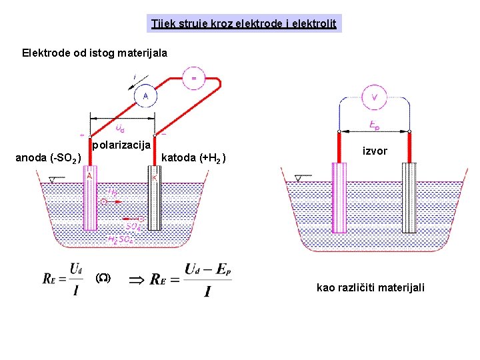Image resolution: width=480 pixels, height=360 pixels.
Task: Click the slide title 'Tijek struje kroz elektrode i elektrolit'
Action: pos(244,24)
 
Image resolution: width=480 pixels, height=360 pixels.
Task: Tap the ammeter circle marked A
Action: pos(145,96)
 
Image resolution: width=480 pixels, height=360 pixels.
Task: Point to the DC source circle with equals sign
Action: pos(194,78)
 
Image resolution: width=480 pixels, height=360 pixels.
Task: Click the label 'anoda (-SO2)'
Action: pos(49,158)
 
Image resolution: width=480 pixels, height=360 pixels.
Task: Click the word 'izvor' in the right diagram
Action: pos(375,151)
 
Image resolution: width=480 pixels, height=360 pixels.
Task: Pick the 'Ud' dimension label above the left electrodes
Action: pos(119,127)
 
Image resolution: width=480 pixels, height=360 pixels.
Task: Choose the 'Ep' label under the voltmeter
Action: pos(375,125)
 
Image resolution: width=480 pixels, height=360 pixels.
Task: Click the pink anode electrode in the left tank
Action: pos(90,200)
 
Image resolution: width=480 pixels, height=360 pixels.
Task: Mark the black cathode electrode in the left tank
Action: pos(154,200)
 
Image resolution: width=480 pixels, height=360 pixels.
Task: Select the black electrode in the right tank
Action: pos(409,200)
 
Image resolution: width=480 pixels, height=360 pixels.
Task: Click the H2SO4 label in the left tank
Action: pos(121,239)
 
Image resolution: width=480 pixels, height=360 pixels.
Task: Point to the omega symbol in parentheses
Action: pos(103,278)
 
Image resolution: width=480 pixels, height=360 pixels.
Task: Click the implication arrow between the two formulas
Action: pos(136,281)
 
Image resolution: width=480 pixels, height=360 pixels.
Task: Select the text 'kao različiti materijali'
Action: pos(370,287)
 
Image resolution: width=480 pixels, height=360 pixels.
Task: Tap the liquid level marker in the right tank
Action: pos(301,178)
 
